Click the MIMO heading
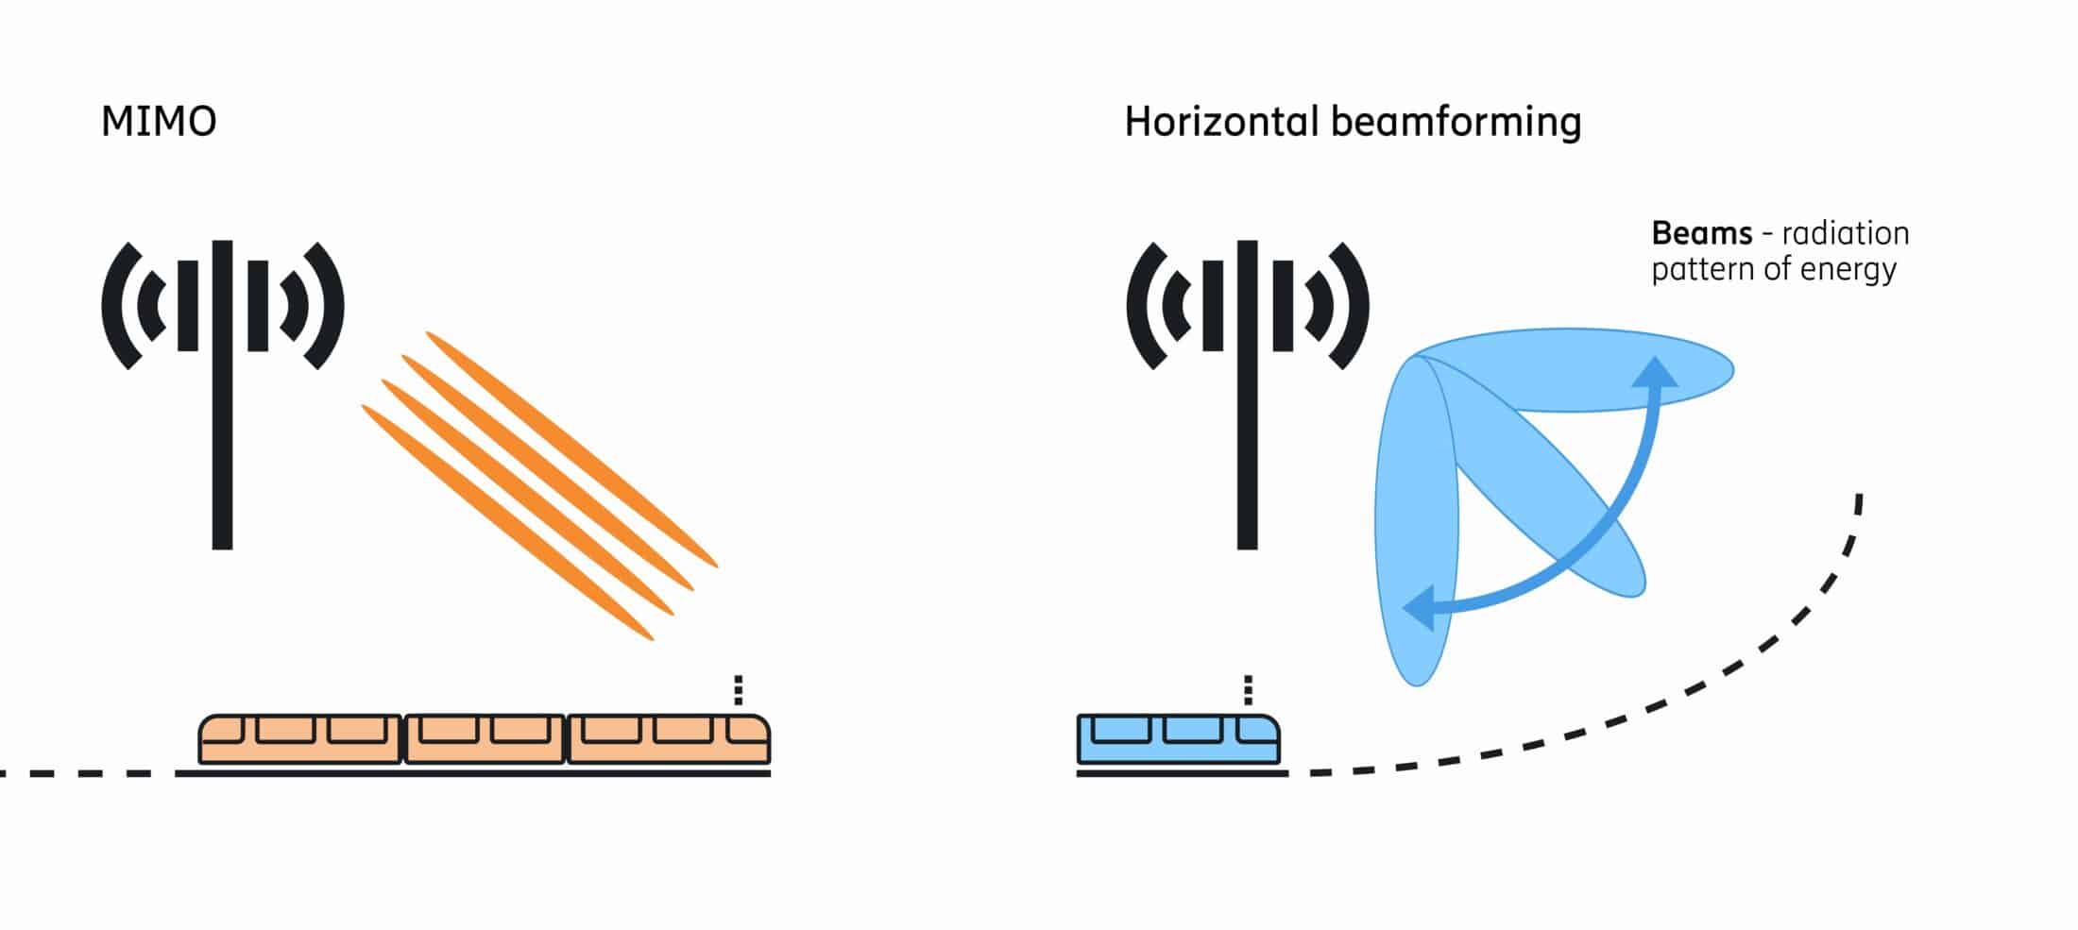[159, 122]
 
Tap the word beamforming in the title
[1456, 123]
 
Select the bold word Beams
[1701, 233]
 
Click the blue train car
[1179, 739]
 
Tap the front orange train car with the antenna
[669, 739]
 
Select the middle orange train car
[485, 739]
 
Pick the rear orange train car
[300, 739]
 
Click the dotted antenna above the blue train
[1248, 690]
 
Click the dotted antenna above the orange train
[739, 690]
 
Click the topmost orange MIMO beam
[571, 448]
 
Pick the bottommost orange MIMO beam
[507, 522]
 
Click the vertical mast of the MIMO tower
[222, 395]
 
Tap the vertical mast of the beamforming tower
[1247, 395]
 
